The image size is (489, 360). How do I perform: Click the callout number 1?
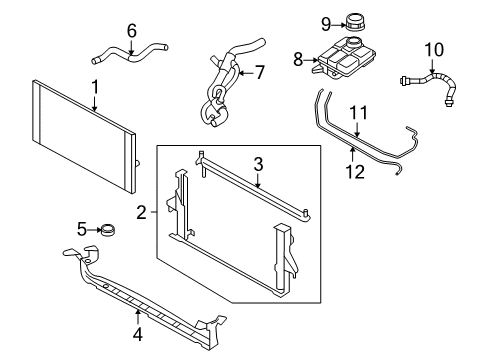click(x=95, y=88)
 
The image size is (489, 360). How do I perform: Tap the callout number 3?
click(x=257, y=165)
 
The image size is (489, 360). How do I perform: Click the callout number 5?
click(x=83, y=229)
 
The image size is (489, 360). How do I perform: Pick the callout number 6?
click(x=131, y=31)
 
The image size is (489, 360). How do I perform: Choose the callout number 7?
click(x=259, y=71)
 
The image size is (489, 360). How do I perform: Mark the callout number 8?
click(x=297, y=59)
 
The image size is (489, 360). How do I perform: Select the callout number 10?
click(x=433, y=48)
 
